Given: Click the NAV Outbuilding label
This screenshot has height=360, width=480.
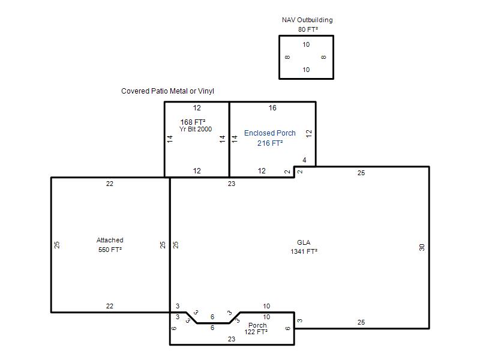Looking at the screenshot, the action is tap(307, 20).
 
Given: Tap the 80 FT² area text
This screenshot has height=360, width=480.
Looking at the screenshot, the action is tap(308, 29).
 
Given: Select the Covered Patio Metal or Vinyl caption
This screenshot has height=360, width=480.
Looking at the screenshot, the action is tap(167, 91).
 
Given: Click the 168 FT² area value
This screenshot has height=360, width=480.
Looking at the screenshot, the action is tap(193, 122).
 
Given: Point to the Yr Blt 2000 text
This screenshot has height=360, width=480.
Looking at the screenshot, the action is tap(196, 129).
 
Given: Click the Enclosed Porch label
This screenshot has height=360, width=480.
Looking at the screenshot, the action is tap(269, 133).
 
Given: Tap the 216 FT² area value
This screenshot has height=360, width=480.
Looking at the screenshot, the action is tap(270, 143).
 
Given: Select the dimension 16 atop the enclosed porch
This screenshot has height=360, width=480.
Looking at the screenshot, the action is tap(272, 108).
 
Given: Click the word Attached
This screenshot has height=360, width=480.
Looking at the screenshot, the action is tap(110, 240).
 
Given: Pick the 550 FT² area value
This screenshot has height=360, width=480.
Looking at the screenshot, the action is tap(110, 250).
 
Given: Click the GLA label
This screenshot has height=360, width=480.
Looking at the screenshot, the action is tap(304, 242).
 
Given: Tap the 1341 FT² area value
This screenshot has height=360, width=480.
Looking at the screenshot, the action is tap(304, 251).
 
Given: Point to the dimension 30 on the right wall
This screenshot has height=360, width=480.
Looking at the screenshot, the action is tap(422, 247).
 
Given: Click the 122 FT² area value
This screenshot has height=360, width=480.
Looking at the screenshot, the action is tap(256, 332).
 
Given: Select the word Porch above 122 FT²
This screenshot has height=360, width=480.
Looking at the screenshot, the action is tap(257, 325).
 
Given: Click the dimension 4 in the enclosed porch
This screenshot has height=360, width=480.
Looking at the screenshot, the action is tap(304, 160).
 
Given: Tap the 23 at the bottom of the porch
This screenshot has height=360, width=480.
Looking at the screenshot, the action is tap(232, 339).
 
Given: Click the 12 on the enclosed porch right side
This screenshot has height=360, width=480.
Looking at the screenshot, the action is tap(309, 133).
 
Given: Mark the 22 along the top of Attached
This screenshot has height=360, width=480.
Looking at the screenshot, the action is tap(110, 184).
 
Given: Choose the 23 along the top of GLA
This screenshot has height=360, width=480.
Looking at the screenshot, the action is tap(232, 184).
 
